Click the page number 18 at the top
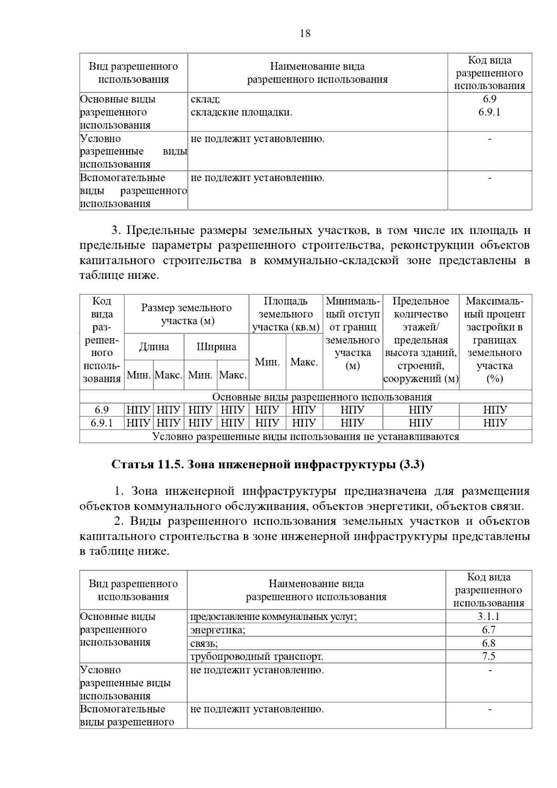pos(305,33)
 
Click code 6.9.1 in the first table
pos(489,112)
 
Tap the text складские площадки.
pos(241,112)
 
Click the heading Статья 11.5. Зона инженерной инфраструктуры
pos(268,465)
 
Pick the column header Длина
pos(154,347)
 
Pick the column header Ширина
pos(216,347)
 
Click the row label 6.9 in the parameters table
pos(102,410)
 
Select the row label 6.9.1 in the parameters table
pos(102,423)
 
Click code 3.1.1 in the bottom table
pos(488,616)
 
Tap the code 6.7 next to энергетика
pos(488,630)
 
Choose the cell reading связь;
pos(204,643)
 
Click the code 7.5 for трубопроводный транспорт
pos(488,656)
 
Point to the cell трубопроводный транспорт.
pos(256,656)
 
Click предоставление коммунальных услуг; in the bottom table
pos(273,616)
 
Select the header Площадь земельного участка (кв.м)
pos(286,314)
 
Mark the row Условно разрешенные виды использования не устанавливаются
pos(305,436)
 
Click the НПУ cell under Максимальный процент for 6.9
pos(495,410)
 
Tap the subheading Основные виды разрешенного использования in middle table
pos(322,397)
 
